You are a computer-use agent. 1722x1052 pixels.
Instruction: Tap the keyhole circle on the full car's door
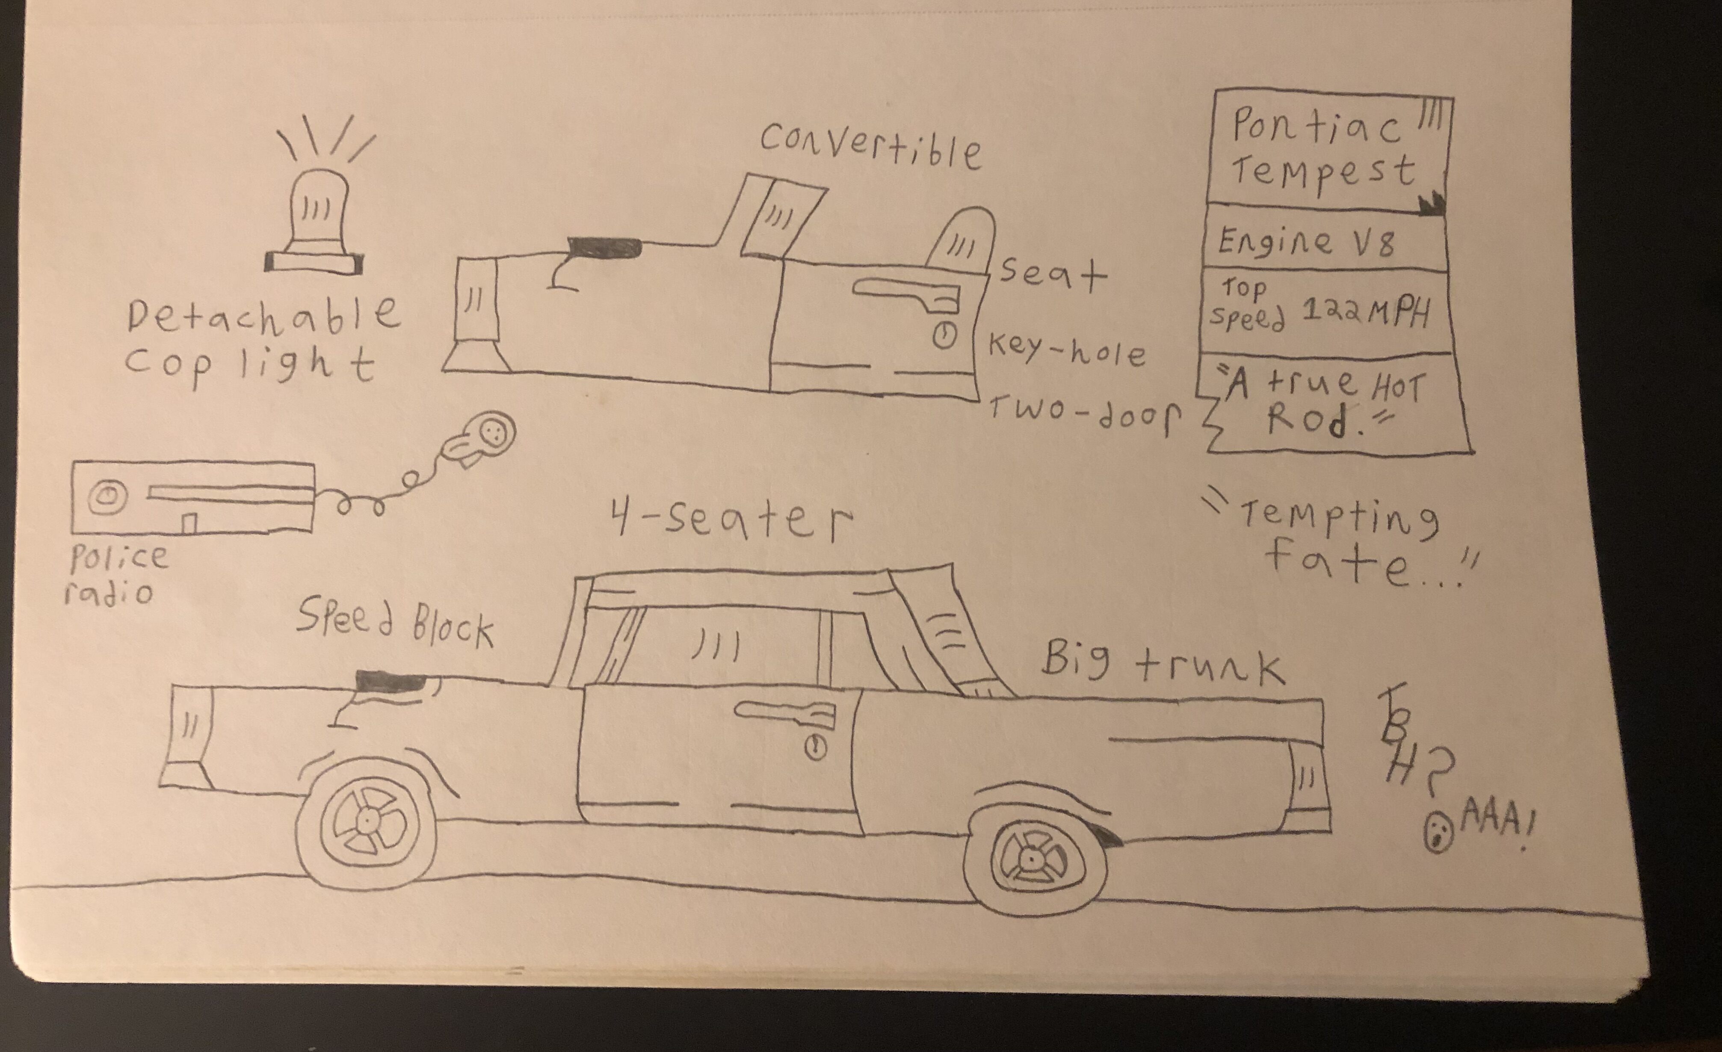[816, 748]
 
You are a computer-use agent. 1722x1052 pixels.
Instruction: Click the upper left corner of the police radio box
[74, 461]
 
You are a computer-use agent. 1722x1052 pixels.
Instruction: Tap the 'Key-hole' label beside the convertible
[1066, 351]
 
